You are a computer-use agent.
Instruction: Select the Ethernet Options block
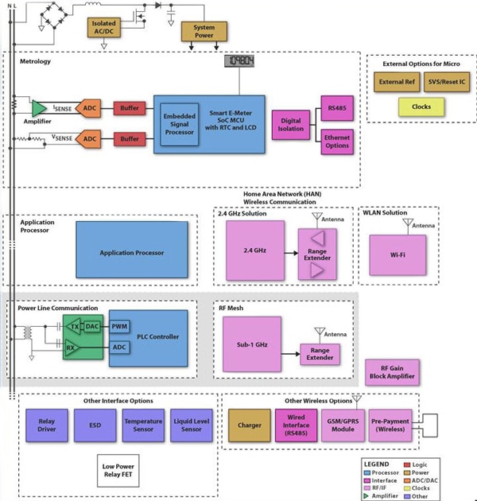[x=336, y=142]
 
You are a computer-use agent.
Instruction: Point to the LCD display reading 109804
[x=238, y=62]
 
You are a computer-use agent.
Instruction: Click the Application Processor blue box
[x=132, y=253]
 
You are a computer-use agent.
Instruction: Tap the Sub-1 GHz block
[x=252, y=344]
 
